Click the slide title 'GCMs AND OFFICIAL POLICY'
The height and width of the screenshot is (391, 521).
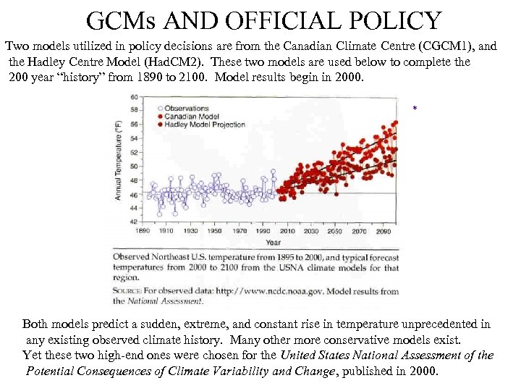(263, 20)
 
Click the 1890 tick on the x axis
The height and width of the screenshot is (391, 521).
(143, 231)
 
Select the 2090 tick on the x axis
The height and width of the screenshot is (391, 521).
(384, 231)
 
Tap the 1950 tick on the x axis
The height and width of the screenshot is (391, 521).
(215, 231)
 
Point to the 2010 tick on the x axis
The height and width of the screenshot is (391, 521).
(287, 231)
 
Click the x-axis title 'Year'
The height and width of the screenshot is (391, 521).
(273, 243)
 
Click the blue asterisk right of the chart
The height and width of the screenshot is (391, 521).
(415, 109)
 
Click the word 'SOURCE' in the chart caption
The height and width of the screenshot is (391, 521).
(129, 292)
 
